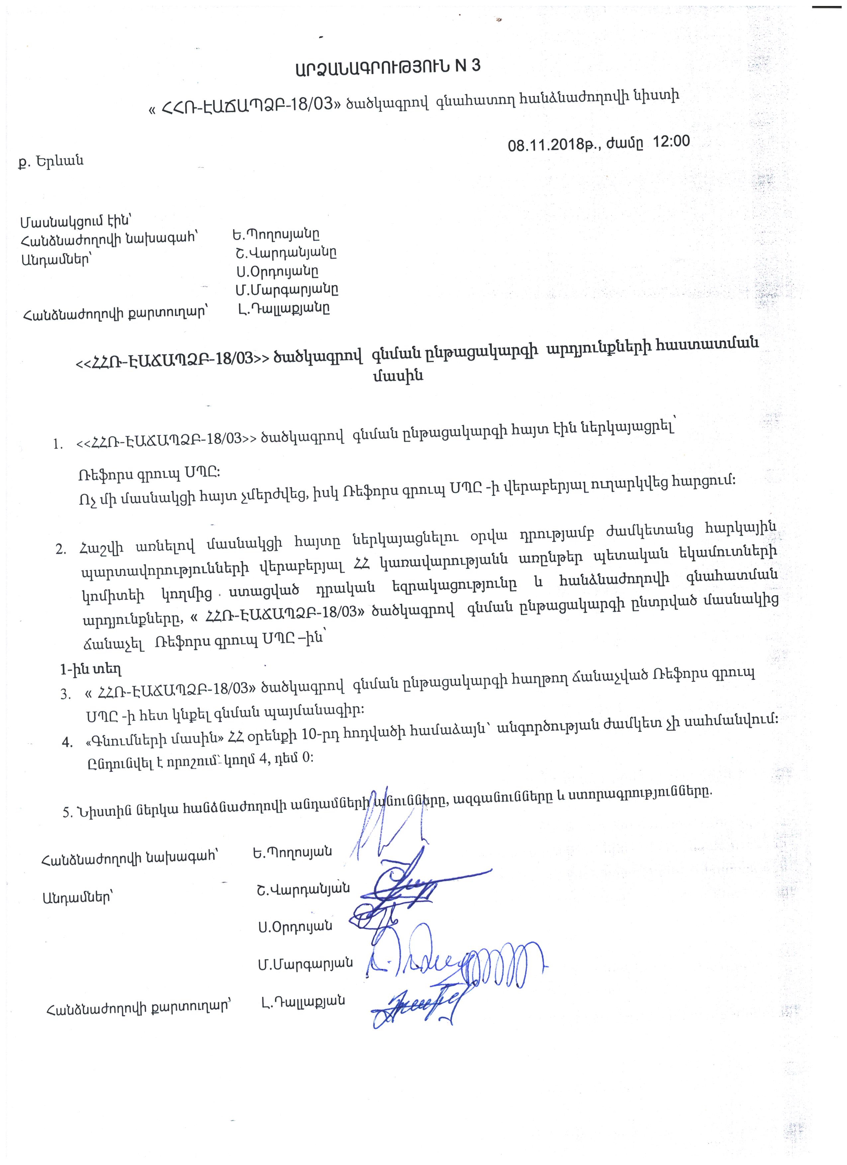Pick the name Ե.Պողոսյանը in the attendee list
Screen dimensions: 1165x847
pos(275,235)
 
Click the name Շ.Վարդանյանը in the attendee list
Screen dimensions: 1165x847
pos(284,253)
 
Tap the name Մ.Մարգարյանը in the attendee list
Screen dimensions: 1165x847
pos(287,290)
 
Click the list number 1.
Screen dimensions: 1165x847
pos(57,444)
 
